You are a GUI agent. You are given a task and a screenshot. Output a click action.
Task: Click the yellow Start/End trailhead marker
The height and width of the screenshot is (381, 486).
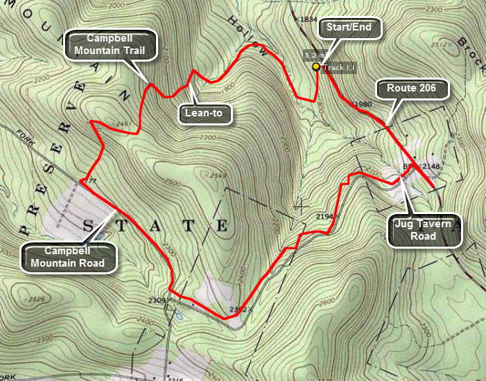316,67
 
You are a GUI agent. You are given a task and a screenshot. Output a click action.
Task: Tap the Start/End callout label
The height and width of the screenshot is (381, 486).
349,28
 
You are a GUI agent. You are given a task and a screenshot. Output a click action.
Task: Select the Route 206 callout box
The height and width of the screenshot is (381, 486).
412,89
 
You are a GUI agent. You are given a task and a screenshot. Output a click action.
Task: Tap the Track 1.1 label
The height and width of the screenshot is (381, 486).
339,67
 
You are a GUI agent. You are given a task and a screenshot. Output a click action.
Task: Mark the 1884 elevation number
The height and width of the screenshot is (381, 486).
306,19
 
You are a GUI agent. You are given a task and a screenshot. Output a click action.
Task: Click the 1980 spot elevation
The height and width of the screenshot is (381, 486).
363,105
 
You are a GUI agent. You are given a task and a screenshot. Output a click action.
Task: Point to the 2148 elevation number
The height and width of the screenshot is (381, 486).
431,167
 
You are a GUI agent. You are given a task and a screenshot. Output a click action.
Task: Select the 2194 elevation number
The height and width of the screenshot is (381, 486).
324,217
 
